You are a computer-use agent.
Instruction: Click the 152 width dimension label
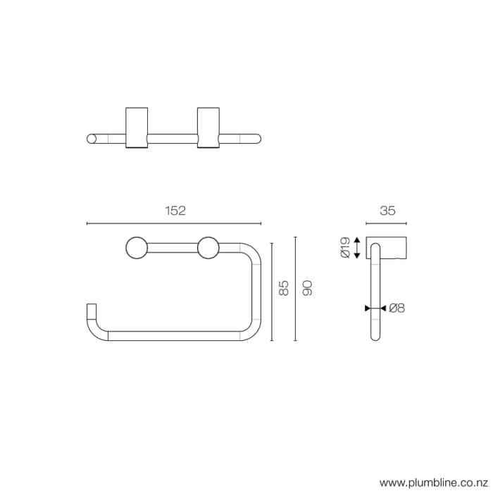pos(175,211)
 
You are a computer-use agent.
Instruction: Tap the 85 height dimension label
pos(284,287)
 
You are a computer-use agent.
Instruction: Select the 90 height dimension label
pos(306,287)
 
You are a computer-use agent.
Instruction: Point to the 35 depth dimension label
pos(387,211)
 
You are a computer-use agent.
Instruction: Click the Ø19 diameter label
pos(345,247)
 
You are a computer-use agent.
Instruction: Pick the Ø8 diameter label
pos(396,308)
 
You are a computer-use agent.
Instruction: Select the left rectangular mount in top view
pos(137,128)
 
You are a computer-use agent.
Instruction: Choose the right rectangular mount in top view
pos(208,128)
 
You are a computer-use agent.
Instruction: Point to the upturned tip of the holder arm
pos(90,310)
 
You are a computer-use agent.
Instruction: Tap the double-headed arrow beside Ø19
pos(357,247)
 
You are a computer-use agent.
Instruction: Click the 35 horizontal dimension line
pos(387,223)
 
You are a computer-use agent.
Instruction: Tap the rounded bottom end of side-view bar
pos(375,337)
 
